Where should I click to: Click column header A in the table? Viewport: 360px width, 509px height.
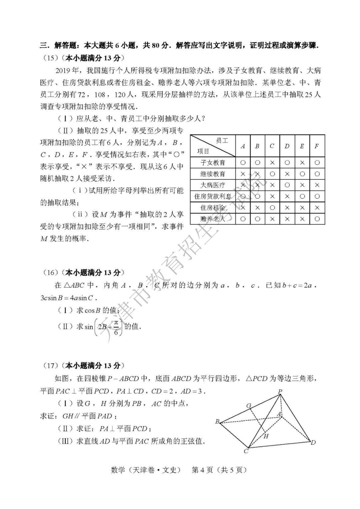click(x=243, y=146)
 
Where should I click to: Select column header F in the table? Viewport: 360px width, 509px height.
click(x=317, y=146)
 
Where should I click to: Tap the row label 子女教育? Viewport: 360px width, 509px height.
click(x=213, y=163)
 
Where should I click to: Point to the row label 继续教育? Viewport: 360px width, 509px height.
click(x=213, y=174)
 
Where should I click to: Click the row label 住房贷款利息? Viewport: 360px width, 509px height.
click(x=213, y=196)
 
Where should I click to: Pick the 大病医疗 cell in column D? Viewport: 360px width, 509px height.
click(x=287, y=185)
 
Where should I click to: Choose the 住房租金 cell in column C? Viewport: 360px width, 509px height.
click(x=272, y=208)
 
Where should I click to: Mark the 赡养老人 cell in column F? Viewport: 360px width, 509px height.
click(x=317, y=219)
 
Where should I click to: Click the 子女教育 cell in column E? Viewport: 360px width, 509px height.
click(x=302, y=163)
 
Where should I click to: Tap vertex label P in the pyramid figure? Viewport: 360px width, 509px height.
click(x=280, y=391)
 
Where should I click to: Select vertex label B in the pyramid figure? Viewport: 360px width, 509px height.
click(x=217, y=421)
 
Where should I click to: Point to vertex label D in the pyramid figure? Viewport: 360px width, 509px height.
click(x=313, y=443)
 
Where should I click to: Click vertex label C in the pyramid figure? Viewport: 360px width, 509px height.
click(x=246, y=451)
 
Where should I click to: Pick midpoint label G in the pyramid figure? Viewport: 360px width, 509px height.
click(x=249, y=406)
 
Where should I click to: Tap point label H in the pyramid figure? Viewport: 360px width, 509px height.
click(x=266, y=436)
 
